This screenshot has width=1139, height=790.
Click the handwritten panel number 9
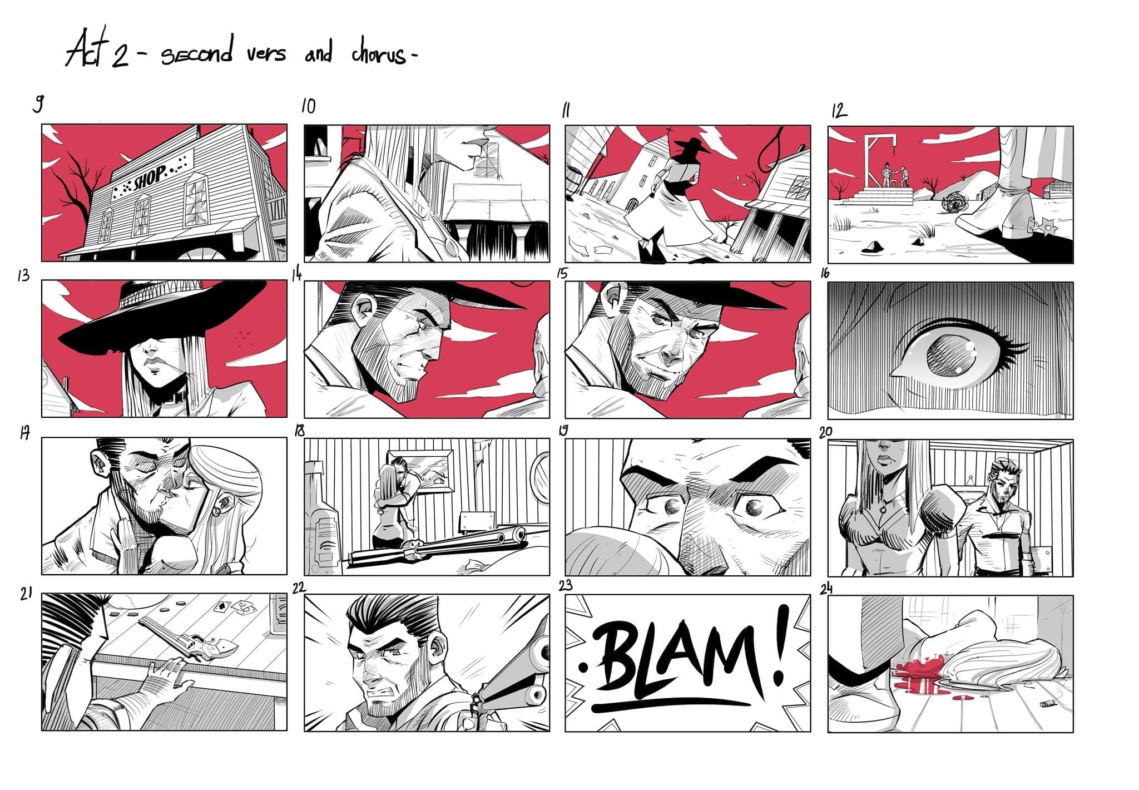38,103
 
